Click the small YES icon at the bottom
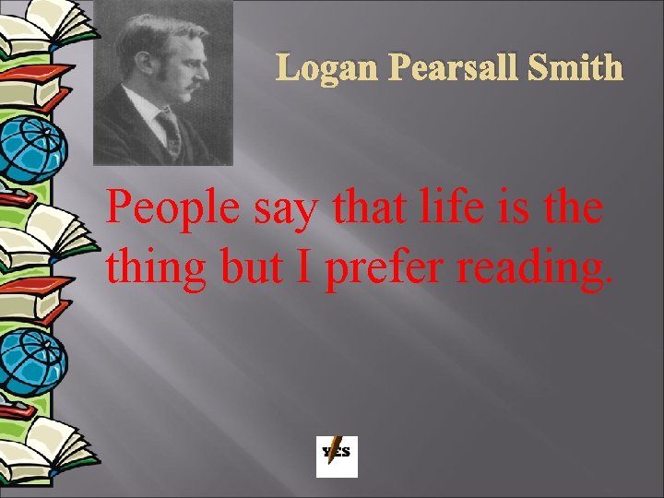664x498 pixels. tap(337, 456)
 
